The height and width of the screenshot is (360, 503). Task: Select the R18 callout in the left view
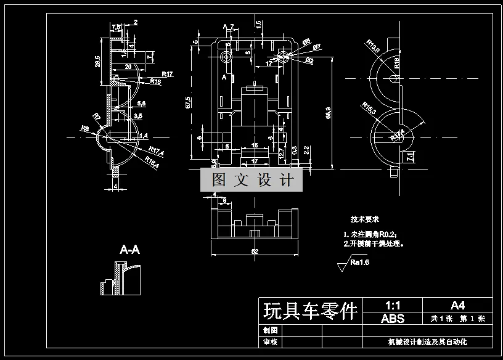coord(154,81)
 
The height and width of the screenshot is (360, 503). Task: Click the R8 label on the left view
coord(84,128)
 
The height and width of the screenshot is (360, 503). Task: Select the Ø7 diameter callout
coord(316,47)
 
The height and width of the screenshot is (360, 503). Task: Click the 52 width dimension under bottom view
coord(255,252)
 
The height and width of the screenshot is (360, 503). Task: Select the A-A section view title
coord(129,250)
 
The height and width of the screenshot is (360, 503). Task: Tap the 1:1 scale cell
coord(393,305)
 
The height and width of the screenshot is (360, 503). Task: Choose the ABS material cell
coord(393,319)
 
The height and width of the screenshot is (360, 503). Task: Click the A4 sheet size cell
coord(457,305)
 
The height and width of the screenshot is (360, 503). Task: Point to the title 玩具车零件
coord(310,311)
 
